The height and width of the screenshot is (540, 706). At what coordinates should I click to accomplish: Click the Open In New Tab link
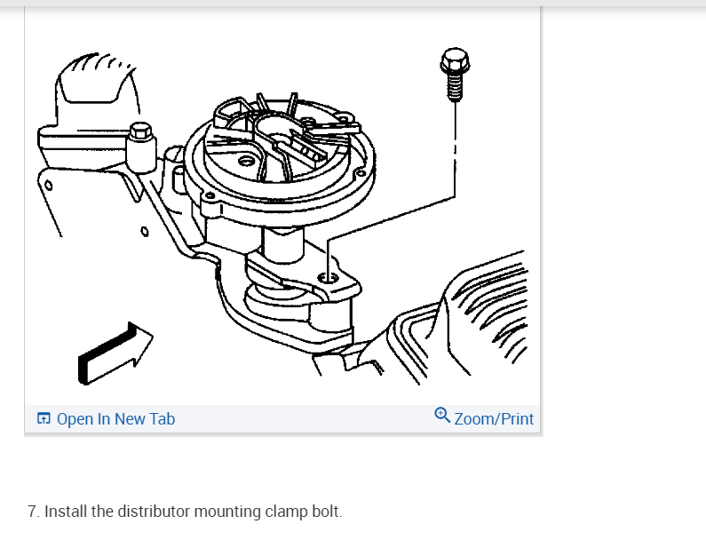(115, 419)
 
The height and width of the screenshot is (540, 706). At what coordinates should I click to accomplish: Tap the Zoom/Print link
(494, 419)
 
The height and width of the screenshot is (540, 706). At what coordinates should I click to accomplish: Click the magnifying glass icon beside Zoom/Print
(442, 416)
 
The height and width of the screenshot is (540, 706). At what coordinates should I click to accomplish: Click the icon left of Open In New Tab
(44, 418)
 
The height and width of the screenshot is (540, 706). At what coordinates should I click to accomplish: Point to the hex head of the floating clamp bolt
(455, 60)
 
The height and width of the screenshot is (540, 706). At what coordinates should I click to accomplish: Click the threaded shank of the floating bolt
(455, 87)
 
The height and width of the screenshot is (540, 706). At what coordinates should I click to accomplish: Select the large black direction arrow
(115, 353)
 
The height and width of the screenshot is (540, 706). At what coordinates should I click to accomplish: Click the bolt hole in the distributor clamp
(328, 278)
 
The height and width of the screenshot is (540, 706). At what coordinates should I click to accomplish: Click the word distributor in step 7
(155, 512)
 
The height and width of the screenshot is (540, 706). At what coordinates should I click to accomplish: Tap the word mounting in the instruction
(228, 512)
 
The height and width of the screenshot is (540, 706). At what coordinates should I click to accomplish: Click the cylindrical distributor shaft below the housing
(282, 244)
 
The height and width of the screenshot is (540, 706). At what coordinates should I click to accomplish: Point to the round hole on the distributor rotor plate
(246, 161)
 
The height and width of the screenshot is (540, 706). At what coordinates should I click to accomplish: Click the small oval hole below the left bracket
(145, 231)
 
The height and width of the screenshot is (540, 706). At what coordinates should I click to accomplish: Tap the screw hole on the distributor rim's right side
(361, 173)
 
